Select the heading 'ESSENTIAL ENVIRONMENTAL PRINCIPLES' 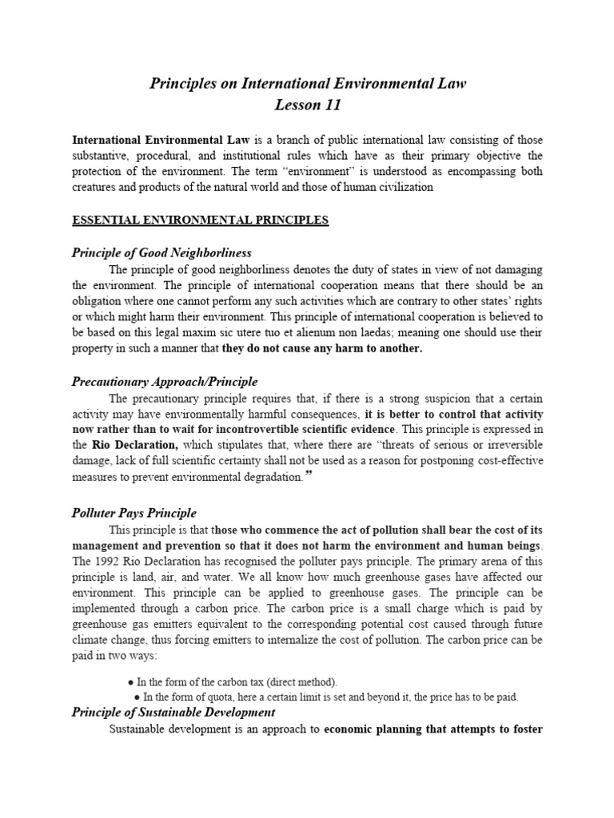(200, 221)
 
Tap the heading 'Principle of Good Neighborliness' (161, 253)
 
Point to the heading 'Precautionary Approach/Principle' (165, 382)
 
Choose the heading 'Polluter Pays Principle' (134, 513)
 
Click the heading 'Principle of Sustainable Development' (173, 712)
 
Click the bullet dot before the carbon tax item (130, 682)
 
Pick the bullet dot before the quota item (138, 697)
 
